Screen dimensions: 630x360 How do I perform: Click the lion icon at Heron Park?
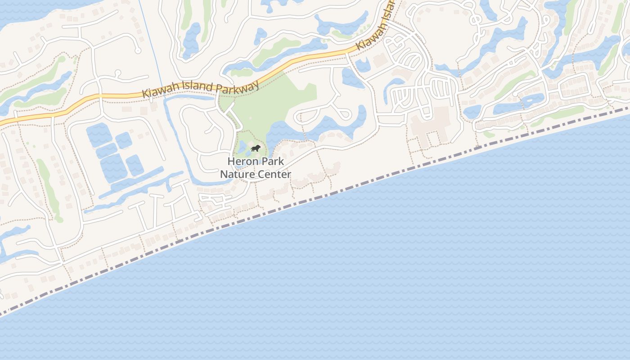tap(255, 148)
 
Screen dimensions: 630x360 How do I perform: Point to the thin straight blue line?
tap(151, 45)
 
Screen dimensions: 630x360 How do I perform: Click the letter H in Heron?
tap(231, 161)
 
